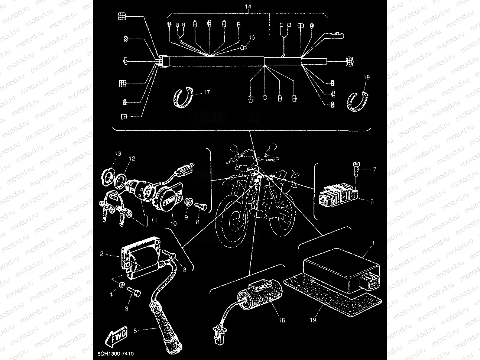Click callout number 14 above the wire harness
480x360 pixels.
[x=248, y=7]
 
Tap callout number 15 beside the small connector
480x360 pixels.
[x=252, y=38]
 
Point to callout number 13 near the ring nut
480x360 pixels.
[x=118, y=153]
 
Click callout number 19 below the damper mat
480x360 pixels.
[x=313, y=319]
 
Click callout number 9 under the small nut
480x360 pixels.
[x=186, y=217]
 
